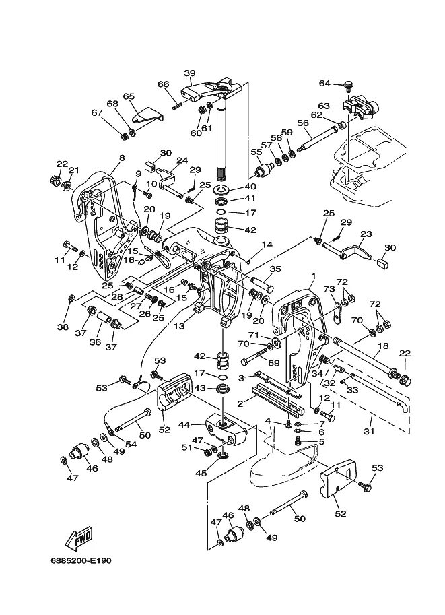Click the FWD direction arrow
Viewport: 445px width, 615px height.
click(x=79, y=538)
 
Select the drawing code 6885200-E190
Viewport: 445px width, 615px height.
click(x=81, y=560)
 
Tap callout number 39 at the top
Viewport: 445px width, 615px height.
click(x=190, y=73)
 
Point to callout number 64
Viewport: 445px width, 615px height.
click(x=324, y=83)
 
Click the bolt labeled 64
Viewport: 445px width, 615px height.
click(x=348, y=85)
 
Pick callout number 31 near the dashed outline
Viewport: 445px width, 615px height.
click(x=369, y=431)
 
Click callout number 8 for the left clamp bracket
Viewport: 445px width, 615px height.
click(x=122, y=158)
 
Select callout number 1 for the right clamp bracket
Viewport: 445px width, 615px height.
click(x=313, y=276)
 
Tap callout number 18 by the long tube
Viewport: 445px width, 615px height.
click(x=383, y=346)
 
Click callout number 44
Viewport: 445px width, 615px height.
click(x=184, y=424)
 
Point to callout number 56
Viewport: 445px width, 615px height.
click(x=303, y=123)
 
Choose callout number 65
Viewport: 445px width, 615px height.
click(x=129, y=96)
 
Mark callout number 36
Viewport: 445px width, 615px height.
click(x=96, y=342)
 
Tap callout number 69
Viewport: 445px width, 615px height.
click(x=273, y=363)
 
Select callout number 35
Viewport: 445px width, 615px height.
click(x=275, y=269)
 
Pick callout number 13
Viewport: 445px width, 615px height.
click(x=179, y=325)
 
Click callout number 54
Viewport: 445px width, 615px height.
click(x=131, y=445)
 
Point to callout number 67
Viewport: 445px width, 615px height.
click(x=97, y=112)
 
